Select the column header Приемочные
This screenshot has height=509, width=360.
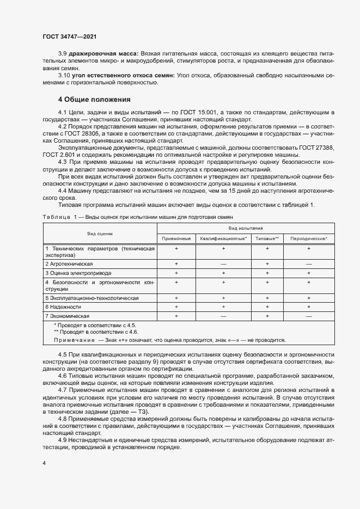(176, 238)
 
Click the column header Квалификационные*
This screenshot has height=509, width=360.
(223, 238)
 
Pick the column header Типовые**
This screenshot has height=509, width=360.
(267, 238)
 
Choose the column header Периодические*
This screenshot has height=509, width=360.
(308, 238)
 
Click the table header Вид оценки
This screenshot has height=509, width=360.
(100, 234)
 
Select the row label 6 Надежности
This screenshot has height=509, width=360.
(59, 307)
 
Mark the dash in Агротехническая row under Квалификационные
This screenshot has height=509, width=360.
(223, 263)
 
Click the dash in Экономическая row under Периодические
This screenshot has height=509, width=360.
(308, 316)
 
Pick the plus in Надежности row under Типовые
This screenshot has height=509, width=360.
(267, 307)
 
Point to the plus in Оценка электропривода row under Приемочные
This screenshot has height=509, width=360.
(176, 272)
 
